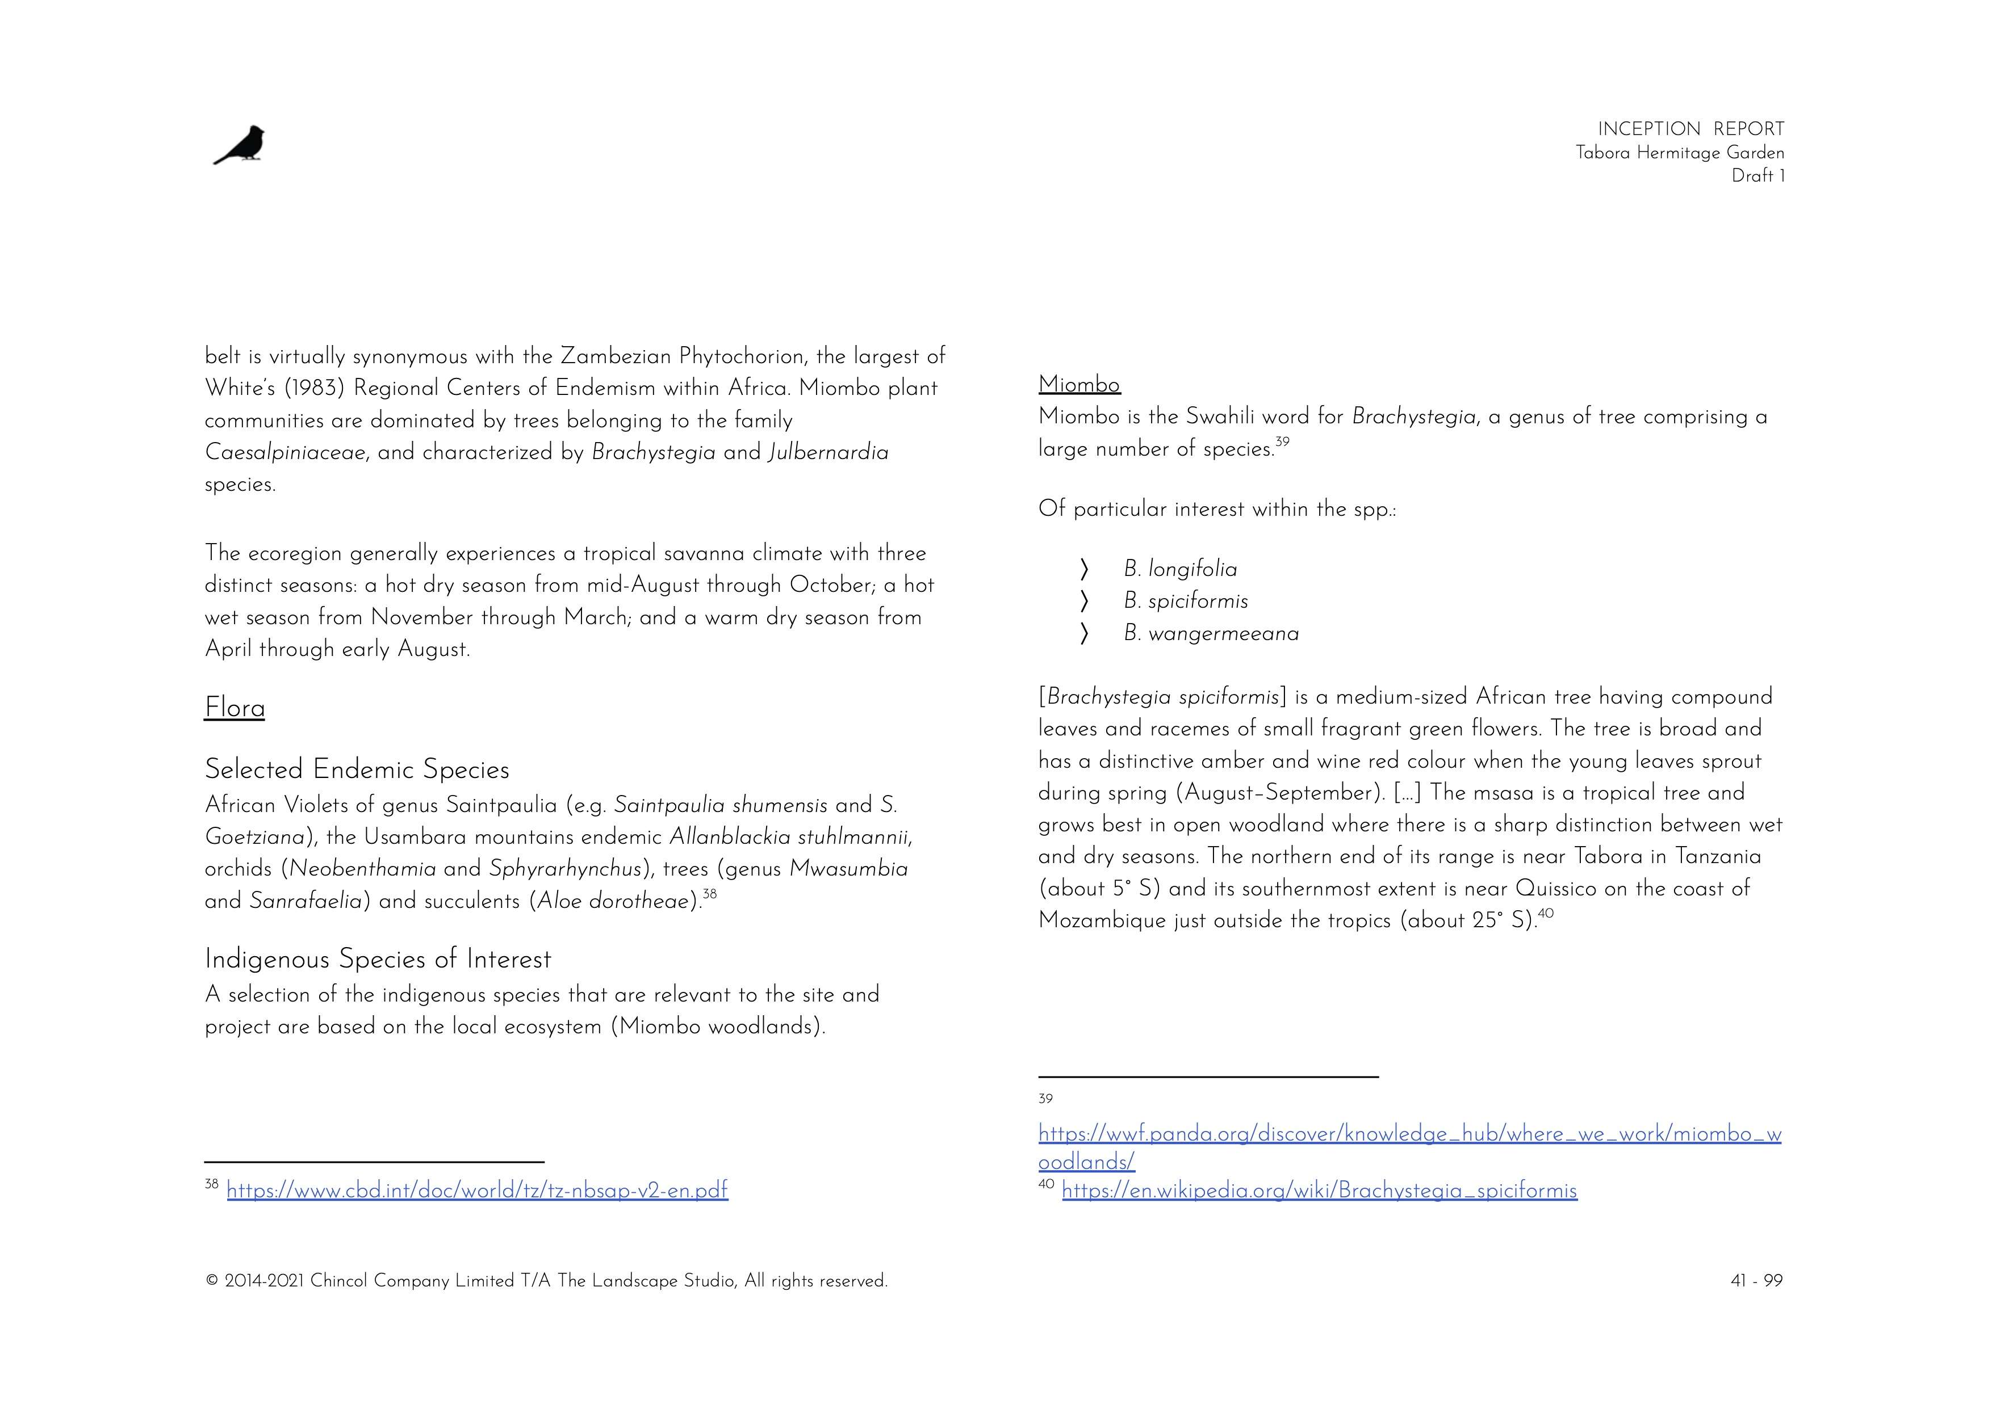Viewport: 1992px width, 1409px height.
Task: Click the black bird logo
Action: click(x=240, y=145)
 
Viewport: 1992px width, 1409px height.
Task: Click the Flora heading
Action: click(x=235, y=708)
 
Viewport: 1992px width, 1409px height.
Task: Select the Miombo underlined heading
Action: click(x=1079, y=384)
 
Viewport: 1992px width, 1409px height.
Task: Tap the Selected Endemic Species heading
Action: click(x=357, y=769)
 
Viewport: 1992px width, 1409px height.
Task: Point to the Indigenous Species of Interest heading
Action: click(x=378, y=960)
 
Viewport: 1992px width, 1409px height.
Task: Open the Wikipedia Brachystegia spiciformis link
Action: click(x=1319, y=1191)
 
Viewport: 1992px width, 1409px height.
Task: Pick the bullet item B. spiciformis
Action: click(x=1186, y=602)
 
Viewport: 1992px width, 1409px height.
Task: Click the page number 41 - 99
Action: click(x=1756, y=1281)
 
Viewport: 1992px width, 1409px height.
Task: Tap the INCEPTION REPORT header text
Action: click(x=1690, y=129)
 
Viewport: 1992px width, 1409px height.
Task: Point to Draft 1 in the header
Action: click(x=1757, y=176)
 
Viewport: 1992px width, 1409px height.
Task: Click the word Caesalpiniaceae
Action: click(x=284, y=453)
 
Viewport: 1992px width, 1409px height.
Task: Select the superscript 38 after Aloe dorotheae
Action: click(x=710, y=894)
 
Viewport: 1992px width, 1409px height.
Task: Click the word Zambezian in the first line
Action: click(x=616, y=356)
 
